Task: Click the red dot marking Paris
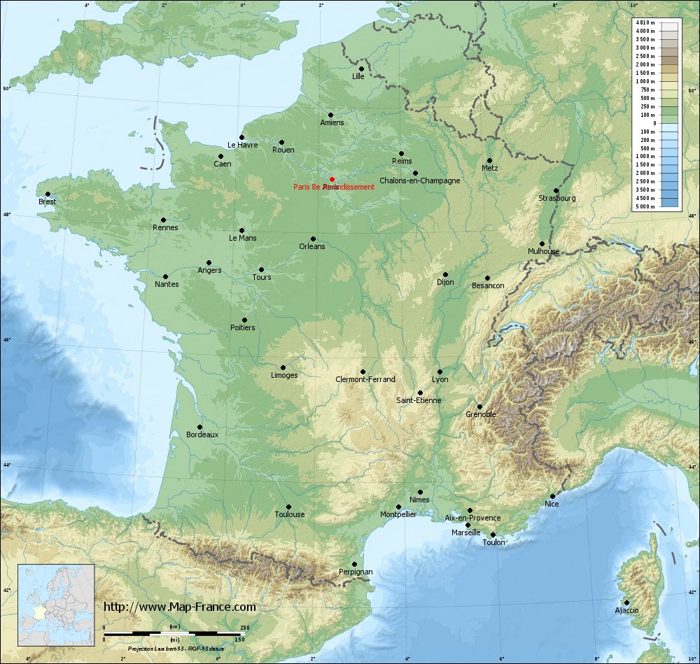coord(332,179)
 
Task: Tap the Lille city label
coord(358,76)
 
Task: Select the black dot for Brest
coord(48,194)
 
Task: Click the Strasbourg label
coord(556,198)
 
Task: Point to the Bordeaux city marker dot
coord(199,427)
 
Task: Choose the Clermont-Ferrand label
coord(365,379)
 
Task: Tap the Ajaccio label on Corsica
coord(626,610)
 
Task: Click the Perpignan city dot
coord(354,564)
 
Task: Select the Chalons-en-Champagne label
coord(419,181)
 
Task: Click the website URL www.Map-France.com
coord(180,607)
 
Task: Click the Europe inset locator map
coord(56,605)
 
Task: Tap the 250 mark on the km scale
coord(244,627)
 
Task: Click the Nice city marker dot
coord(552,495)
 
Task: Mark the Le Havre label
coord(243,146)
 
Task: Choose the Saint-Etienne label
coord(419,400)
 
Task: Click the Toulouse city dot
coord(288,507)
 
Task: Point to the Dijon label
coord(445,282)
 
